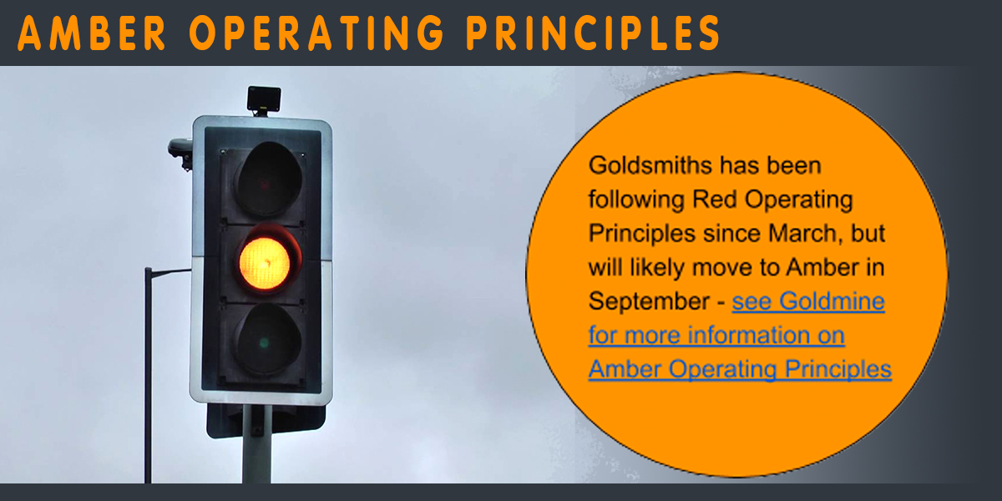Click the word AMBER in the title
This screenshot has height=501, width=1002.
point(92,33)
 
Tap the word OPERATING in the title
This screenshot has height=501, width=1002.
point(316,33)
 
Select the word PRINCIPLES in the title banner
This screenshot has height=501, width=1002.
point(593,33)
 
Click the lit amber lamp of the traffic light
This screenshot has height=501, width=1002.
point(265,264)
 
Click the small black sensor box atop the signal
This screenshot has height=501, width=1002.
point(264,99)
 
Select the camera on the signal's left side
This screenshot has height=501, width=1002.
point(180,153)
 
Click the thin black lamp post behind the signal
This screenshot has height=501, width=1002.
point(148,375)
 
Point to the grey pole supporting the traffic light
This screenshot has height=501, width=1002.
point(257,443)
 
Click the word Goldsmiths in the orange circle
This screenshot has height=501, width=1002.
point(650,165)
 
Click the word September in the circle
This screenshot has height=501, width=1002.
point(649,302)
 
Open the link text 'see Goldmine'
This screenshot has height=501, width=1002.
point(808,301)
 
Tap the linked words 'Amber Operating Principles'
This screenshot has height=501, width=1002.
point(740,370)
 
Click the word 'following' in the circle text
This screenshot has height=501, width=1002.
point(637,200)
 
